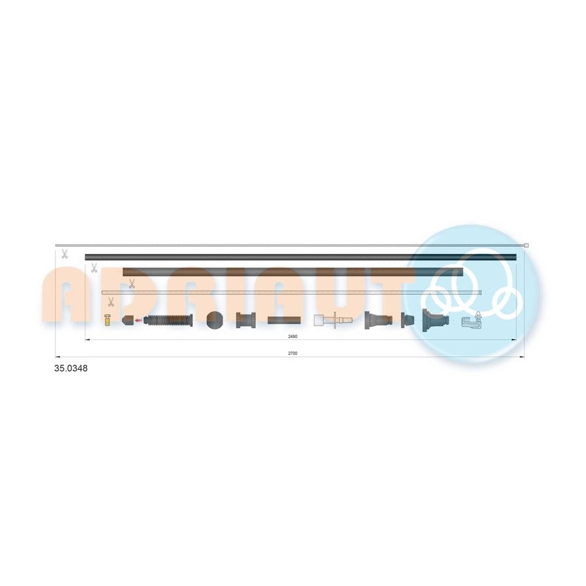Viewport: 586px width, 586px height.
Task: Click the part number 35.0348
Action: coord(71,368)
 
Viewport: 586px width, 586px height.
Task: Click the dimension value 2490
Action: coord(292,337)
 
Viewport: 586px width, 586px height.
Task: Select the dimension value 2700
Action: coord(292,353)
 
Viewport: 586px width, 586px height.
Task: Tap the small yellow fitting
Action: coord(107,320)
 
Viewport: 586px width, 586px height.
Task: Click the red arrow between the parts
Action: coord(138,320)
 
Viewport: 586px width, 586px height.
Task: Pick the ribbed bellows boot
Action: coord(168,320)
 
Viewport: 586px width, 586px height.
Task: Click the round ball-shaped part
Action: coord(214,320)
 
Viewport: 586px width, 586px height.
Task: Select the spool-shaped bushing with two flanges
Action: coord(246,320)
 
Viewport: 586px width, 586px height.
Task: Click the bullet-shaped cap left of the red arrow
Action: coord(128,320)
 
